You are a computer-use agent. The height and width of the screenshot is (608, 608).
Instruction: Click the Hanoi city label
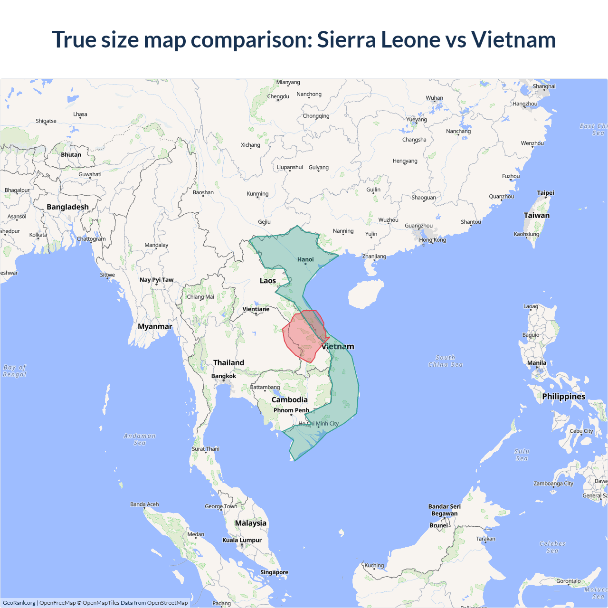[x=305, y=259]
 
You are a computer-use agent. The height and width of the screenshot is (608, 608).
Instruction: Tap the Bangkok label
[x=223, y=376]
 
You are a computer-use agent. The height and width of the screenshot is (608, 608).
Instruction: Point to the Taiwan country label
[x=536, y=215]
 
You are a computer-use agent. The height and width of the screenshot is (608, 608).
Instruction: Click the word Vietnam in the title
[x=513, y=39]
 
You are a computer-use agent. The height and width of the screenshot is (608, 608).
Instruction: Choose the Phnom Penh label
[x=291, y=410]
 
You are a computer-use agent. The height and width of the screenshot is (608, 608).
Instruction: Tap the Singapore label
[x=274, y=572]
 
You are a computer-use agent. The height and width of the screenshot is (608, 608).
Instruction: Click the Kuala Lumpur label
[x=242, y=540]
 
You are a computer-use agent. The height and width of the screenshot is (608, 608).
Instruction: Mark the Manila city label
[x=537, y=363]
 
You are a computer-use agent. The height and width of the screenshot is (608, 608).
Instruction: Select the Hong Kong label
[x=432, y=240]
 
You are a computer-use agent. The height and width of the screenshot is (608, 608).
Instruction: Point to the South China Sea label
[x=445, y=361]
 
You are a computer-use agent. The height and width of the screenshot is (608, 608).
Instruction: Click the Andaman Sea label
[x=140, y=439]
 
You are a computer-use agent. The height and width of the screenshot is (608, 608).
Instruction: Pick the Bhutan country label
[x=71, y=155]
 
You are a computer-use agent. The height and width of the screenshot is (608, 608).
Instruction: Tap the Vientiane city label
[x=256, y=309]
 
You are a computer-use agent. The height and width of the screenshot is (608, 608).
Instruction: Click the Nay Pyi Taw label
[x=156, y=280]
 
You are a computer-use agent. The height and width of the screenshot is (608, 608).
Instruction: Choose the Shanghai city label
[x=544, y=86]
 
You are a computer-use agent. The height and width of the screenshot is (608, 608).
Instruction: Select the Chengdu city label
[x=278, y=96]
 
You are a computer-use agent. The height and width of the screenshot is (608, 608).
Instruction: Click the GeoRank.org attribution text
[x=19, y=603]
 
